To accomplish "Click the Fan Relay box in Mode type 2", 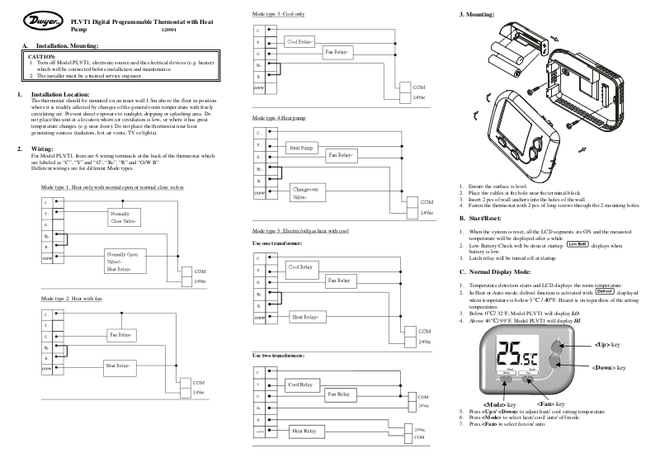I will tap(120, 335).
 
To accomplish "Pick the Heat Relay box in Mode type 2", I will tap(119, 364).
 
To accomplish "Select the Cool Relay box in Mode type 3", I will tap(299, 40).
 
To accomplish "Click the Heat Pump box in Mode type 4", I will tap(300, 148).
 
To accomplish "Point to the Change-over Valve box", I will tap(304, 194).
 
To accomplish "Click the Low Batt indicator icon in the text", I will tap(577, 244).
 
